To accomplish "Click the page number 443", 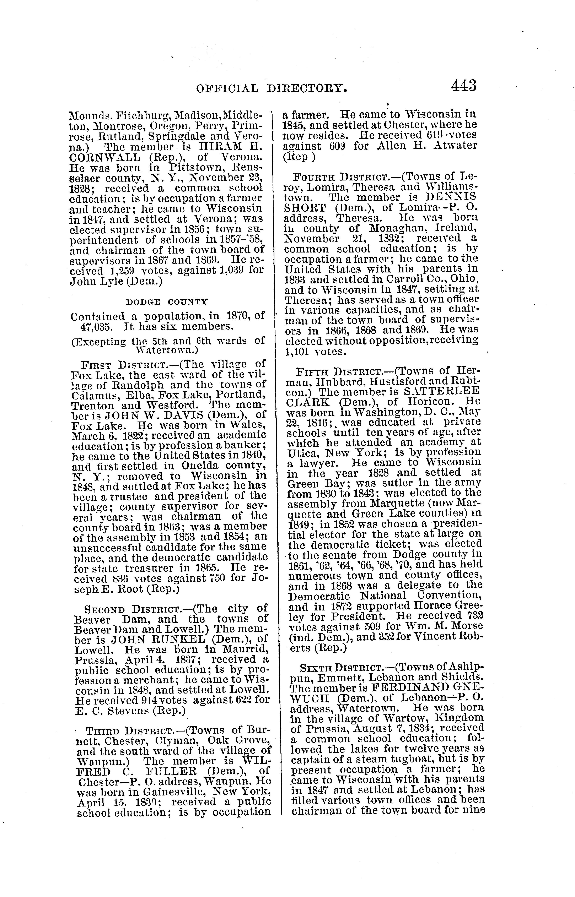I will [x=464, y=86].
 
